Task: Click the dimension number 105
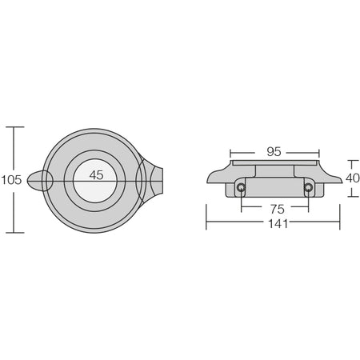click(11, 180)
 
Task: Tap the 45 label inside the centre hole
click(96, 175)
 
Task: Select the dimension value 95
click(274, 152)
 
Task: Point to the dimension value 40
click(352, 178)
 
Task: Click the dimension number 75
click(278, 210)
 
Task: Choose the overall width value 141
click(278, 224)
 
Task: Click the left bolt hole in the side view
click(241, 187)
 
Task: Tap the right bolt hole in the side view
click(308, 187)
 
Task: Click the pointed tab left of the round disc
click(37, 181)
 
